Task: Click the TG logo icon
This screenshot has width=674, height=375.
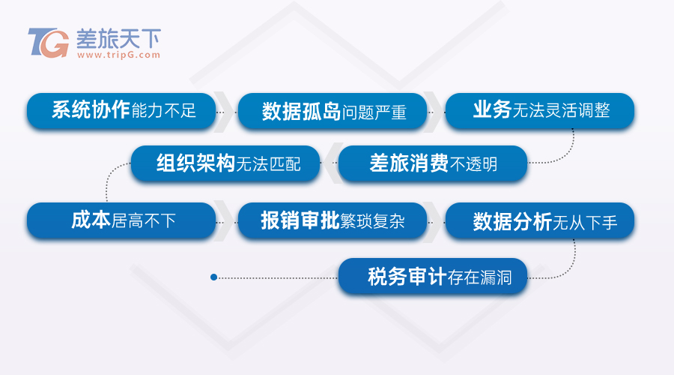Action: tap(48, 43)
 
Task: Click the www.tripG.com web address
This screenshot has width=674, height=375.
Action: tap(118, 55)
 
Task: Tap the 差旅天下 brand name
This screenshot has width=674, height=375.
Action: tap(118, 38)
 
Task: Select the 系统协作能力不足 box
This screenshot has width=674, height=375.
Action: tap(121, 111)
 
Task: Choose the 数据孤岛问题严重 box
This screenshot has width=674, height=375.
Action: tap(333, 111)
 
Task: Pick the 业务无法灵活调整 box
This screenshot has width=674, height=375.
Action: tap(540, 111)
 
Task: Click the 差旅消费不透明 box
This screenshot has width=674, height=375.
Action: tap(433, 163)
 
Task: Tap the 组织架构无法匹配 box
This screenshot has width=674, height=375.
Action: tap(225, 163)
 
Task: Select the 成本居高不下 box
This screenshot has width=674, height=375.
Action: tap(121, 220)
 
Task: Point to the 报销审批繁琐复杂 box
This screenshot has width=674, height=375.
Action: tap(333, 220)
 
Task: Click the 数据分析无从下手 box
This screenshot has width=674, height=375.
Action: tap(540, 220)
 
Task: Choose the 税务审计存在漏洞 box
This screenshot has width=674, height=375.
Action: tap(433, 277)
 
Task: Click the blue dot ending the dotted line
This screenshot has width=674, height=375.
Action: tap(213, 277)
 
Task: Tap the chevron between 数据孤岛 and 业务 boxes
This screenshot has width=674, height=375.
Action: tap(435, 112)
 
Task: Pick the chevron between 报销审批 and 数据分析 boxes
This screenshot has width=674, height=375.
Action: tap(435, 220)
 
